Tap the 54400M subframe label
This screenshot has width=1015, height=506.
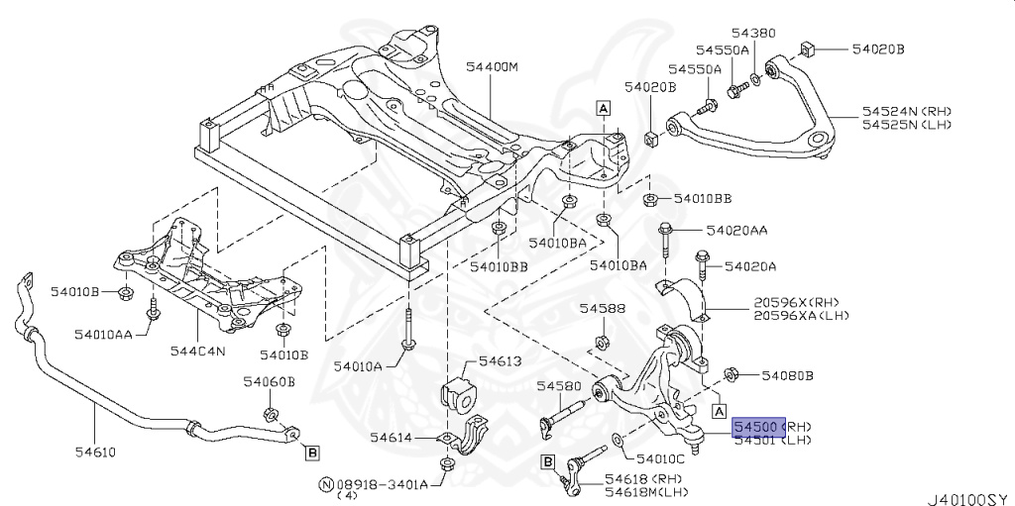tap(493, 67)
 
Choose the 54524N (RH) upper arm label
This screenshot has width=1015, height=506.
tap(906, 111)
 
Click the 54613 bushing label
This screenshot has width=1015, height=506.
tap(500, 361)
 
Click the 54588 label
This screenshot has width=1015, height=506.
tap(603, 309)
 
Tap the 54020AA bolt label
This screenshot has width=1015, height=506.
tap(736, 230)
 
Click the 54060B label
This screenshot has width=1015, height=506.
tap(269, 381)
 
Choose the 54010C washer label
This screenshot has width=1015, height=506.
tap(660, 458)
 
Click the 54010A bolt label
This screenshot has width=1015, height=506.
tap(357, 366)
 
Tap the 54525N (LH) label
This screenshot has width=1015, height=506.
tap(906, 125)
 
